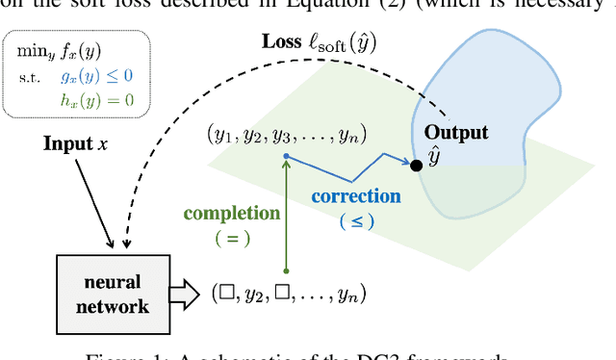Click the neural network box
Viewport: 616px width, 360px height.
click(118, 295)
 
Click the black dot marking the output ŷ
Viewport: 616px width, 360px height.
click(416, 166)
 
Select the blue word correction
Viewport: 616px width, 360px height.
click(355, 196)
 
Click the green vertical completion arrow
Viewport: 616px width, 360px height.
click(286, 212)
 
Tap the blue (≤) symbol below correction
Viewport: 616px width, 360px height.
click(354, 220)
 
